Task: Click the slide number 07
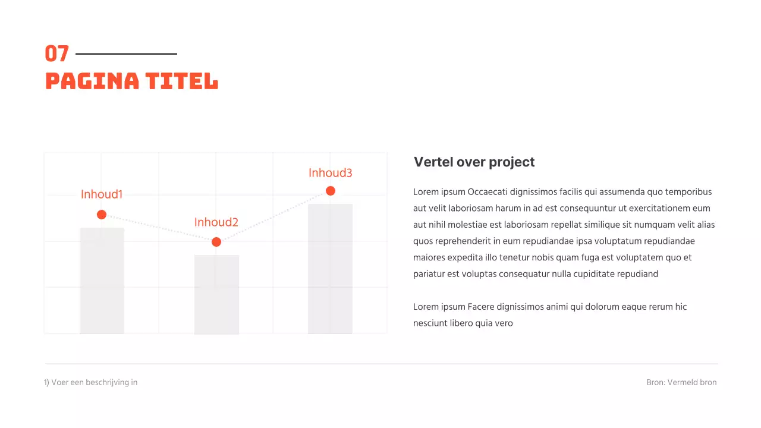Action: pos(57,54)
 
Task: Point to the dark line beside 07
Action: pos(126,54)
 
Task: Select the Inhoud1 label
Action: pos(102,194)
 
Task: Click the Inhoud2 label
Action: pos(216,222)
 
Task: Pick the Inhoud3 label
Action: pos(331,173)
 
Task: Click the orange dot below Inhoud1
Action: pos(102,215)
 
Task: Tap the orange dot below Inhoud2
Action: pos(216,242)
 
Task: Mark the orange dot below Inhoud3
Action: pos(331,191)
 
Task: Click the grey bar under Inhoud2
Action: pos(216,294)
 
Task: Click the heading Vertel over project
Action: pos(474,162)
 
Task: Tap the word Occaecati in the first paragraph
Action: pos(488,192)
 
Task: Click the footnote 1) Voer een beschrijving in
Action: pos(91,382)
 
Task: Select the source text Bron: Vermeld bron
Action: pos(681,382)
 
